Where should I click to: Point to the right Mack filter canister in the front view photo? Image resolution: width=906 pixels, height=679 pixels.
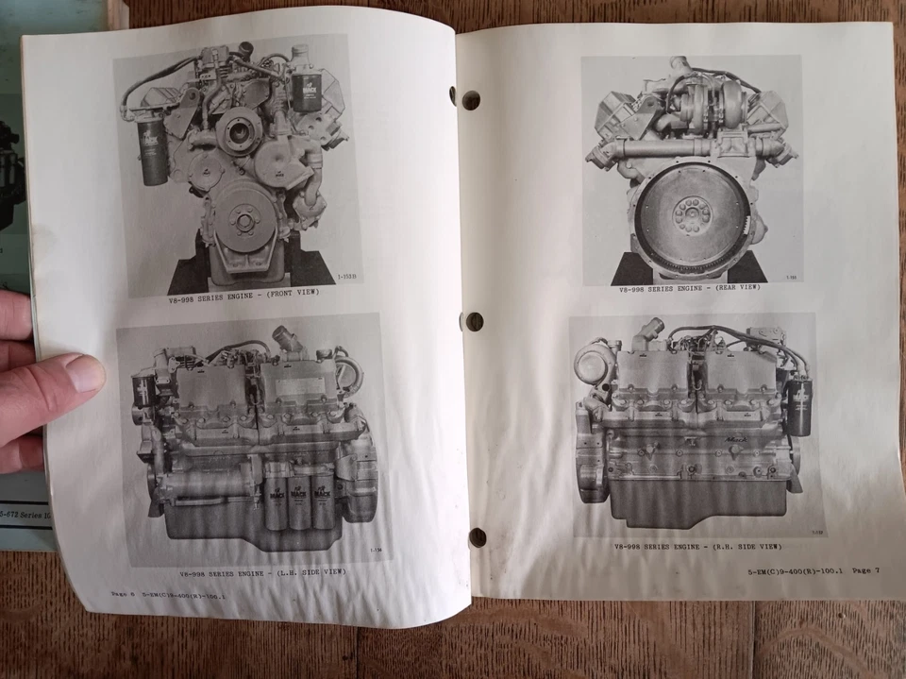click(308, 92)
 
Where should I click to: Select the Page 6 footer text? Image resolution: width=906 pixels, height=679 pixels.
click(122, 595)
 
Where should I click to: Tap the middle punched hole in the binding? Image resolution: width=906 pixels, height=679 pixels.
click(475, 321)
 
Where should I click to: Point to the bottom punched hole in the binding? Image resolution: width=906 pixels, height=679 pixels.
click(478, 537)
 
